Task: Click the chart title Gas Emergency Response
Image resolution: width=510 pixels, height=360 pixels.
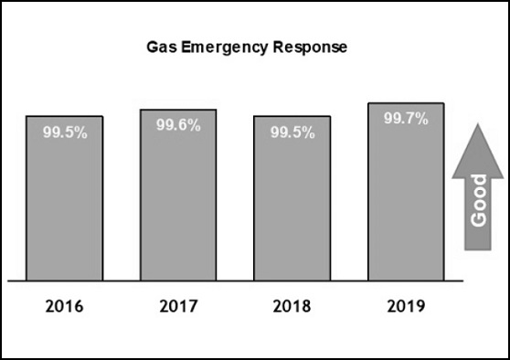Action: pyautogui.click(x=248, y=46)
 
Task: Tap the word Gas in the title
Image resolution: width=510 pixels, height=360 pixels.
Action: pyautogui.click(x=162, y=46)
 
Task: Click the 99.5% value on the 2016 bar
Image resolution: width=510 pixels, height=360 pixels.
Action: pyautogui.click(x=65, y=132)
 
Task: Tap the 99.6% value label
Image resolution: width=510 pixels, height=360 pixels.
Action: pyautogui.click(x=178, y=125)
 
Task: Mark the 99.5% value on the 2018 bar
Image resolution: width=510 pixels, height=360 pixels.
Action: pyautogui.click(x=292, y=132)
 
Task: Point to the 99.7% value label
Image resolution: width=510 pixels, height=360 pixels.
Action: pyautogui.click(x=406, y=119)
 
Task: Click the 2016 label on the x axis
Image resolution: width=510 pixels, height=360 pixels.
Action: pyautogui.click(x=64, y=305)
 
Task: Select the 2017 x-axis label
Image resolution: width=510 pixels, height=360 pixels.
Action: pyautogui.click(x=178, y=305)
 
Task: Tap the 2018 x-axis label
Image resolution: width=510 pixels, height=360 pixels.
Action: pyautogui.click(x=292, y=305)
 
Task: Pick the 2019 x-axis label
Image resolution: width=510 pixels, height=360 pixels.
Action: pyautogui.click(x=406, y=305)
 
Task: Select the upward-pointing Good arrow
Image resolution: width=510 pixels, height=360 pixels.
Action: pyautogui.click(x=476, y=192)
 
